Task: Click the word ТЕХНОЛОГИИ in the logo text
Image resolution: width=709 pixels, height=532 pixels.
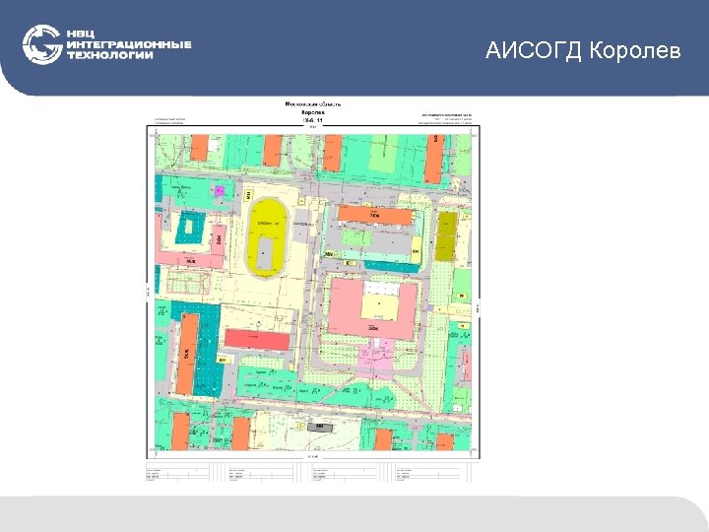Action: [x=110, y=56]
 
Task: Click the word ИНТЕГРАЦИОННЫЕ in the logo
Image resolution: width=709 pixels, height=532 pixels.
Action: [x=129, y=44]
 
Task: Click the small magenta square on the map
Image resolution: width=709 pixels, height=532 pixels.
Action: [x=220, y=190]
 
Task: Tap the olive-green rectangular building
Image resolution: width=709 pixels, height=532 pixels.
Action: [x=447, y=235]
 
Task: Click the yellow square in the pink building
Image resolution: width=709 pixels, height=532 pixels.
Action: [x=375, y=307]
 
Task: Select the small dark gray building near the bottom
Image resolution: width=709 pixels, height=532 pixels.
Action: [x=319, y=427]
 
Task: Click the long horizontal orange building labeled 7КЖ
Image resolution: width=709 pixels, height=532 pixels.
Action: [x=374, y=215]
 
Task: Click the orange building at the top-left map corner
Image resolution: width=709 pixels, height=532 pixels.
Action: [x=199, y=146]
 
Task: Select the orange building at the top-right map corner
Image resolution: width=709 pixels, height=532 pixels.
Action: [x=434, y=158]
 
